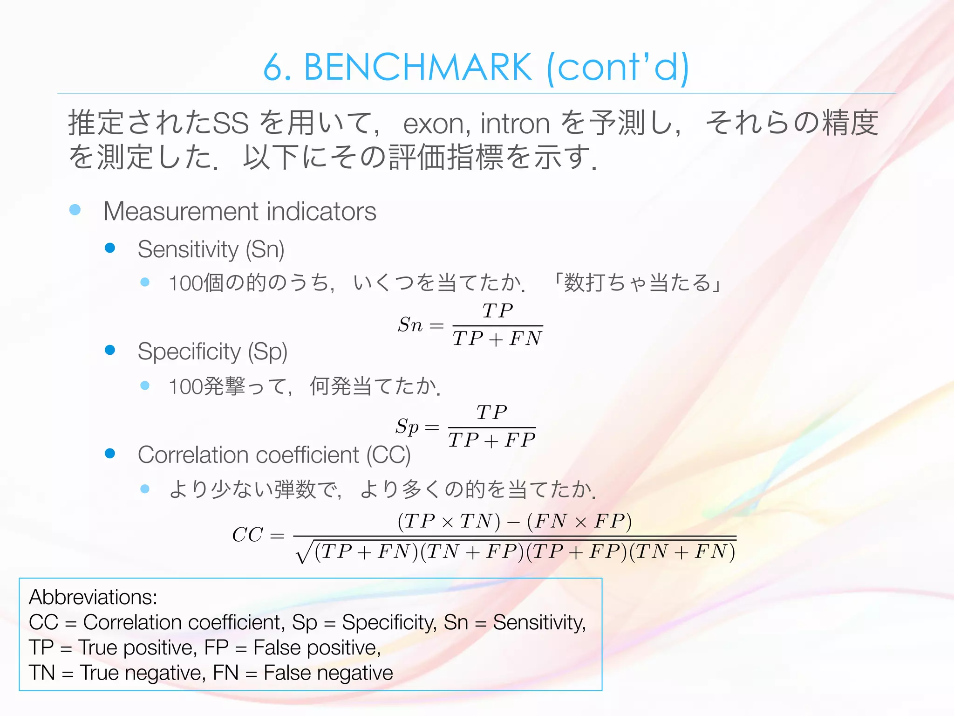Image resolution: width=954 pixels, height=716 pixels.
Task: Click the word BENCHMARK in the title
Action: coord(418,68)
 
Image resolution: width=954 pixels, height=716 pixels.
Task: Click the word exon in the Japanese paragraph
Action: coord(433,124)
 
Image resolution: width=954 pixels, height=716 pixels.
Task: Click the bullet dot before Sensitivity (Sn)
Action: coord(110,248)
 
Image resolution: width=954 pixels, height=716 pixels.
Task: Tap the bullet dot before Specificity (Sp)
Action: coord(110,350)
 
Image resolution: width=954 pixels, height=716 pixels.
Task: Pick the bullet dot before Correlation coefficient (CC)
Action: coord(110,454)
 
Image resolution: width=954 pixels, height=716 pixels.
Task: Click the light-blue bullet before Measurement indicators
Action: coord(75,210)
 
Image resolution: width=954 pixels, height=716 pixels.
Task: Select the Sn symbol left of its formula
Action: coord(410,324)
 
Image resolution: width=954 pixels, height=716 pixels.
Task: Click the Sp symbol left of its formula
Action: coord(407,427)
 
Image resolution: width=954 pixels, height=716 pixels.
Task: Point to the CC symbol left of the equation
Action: coord(247,535)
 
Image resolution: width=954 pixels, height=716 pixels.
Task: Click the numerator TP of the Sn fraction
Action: coord(497,311)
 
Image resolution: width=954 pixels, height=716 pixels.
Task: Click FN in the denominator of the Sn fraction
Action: coord(525,338)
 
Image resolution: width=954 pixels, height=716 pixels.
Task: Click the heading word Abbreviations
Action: coord(93,597)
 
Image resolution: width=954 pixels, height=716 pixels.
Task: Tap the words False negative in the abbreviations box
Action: coord(328,673)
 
